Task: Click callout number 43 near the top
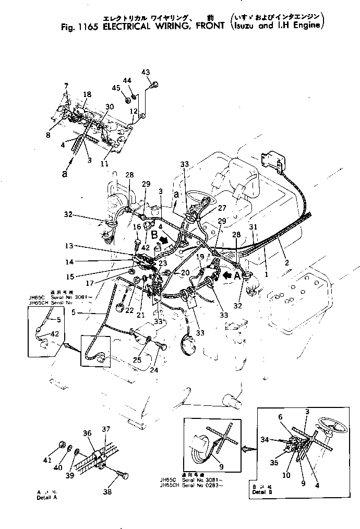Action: pyautogui.click(x=146, y=72)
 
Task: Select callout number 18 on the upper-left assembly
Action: pyautogui.click(x=87, y=94)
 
